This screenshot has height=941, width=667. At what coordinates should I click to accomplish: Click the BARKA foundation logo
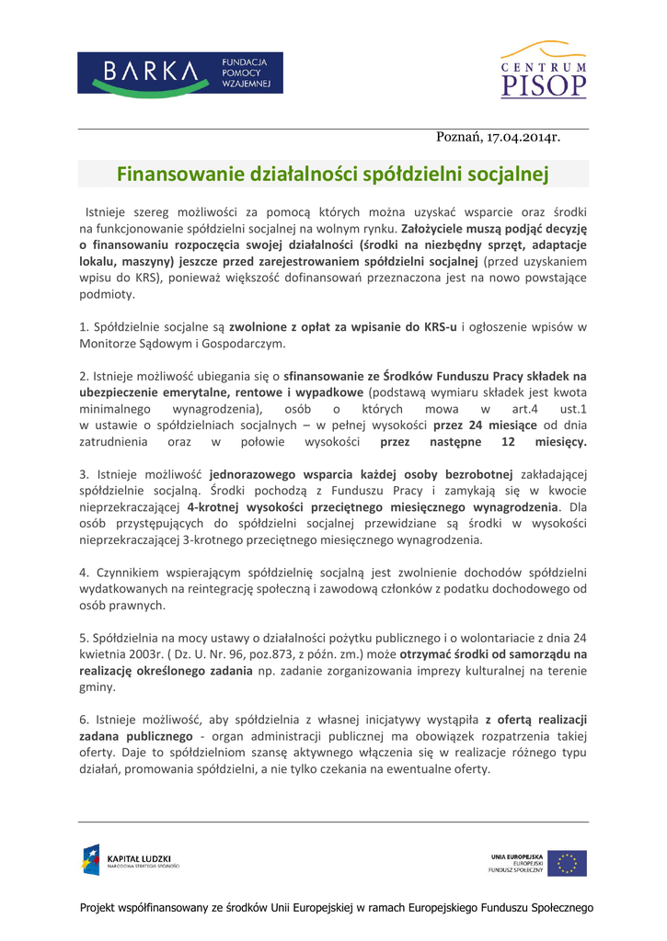tap(179, 73)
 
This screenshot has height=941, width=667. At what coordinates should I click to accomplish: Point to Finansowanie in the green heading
tap(174, 173)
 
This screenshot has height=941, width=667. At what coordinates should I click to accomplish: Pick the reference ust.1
tap(573, 409)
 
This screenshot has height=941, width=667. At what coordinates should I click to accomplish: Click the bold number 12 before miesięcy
tap(508, 442)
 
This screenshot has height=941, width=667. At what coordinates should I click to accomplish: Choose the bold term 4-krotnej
tap(216, 507)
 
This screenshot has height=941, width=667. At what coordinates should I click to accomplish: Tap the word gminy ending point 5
tap(97, 687)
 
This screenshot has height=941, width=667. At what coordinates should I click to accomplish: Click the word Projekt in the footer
tap(102, 908)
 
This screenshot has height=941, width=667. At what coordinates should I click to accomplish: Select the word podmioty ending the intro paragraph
tap(108, 295)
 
